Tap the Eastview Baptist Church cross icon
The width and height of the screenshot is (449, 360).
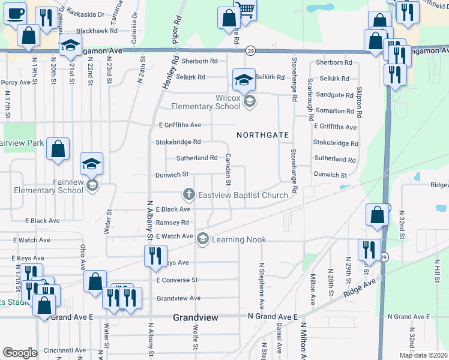(x=188, y=194)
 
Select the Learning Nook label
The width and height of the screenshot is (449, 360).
(x=239, y=240)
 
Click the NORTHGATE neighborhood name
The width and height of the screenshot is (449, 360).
(x=263, y=135)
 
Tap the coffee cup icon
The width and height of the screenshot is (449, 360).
(x=15, y=13)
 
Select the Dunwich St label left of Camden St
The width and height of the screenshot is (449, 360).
(x=173, y=175)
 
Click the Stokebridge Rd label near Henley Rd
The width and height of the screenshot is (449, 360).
(x=178, y=142)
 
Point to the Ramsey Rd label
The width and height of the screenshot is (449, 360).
(x=172, y=223)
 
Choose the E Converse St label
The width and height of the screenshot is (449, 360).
(x=176, y=280)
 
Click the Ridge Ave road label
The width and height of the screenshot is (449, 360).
(x=359, y=287)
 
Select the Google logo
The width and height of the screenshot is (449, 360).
(x=20, y=353)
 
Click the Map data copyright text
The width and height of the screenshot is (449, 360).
(x=424, y=355)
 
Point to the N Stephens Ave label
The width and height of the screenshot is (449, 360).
(x=261, y=280)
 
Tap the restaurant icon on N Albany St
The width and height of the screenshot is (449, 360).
(x=155, y=255)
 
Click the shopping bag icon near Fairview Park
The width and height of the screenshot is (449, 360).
(x=58, y=150)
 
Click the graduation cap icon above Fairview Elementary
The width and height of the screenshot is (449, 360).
(x=92, y=164)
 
